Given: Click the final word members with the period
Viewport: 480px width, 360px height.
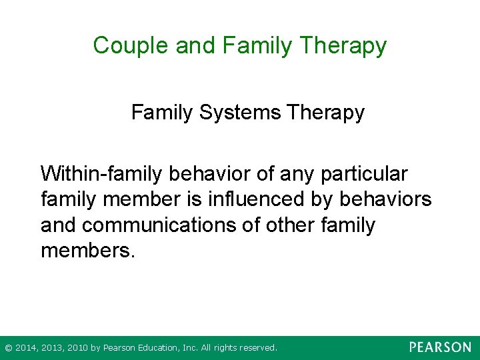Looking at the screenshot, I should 87,251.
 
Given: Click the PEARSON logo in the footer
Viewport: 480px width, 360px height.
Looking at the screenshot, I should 440,347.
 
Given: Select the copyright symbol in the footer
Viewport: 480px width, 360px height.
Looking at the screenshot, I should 8,348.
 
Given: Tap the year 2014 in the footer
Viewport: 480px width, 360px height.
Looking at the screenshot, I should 26,348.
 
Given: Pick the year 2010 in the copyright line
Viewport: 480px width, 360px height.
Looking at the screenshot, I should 75,348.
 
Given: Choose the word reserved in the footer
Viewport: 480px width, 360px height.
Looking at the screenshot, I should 257,348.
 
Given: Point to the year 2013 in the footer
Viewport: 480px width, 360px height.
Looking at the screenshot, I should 51,348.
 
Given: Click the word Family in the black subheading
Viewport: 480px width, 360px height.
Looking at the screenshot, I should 161,113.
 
